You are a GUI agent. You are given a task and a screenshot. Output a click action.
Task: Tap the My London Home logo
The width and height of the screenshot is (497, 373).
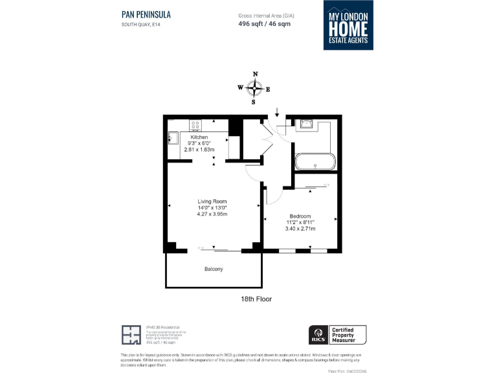(349, 25)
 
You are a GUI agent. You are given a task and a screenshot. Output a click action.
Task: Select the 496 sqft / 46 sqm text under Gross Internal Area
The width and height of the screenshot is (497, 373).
(265, 23)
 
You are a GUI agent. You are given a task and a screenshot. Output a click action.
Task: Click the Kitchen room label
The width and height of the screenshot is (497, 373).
(199, 137)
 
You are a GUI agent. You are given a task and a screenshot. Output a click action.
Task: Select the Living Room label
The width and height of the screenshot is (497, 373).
(212, 202)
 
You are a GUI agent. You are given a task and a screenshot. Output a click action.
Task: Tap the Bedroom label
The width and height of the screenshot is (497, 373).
(300, 216)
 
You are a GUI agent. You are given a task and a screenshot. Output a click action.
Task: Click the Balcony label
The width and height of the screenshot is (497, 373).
(214, 269)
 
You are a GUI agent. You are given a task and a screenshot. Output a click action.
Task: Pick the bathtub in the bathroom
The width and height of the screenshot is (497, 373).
(315, 162)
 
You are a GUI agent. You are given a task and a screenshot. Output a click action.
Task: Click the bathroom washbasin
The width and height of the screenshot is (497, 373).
(305, 125)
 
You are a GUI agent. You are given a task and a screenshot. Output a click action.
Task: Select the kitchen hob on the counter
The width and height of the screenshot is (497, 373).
(197, 124)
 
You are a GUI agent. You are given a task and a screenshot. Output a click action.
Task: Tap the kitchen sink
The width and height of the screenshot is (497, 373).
(173, 137)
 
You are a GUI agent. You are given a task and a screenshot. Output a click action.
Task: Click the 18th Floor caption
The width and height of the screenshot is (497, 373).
(256, 299)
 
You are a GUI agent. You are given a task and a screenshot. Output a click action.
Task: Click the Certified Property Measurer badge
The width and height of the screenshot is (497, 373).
(348, 335)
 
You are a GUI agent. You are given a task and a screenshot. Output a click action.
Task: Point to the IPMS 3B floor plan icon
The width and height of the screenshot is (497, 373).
(131, 335)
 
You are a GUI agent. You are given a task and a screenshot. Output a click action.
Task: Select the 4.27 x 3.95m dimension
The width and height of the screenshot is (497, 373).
(212, 214)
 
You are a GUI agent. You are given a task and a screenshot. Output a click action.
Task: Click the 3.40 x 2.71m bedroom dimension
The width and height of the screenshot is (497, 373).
(300, 229)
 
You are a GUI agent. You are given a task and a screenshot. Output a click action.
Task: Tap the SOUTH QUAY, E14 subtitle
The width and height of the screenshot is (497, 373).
(140, 25)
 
